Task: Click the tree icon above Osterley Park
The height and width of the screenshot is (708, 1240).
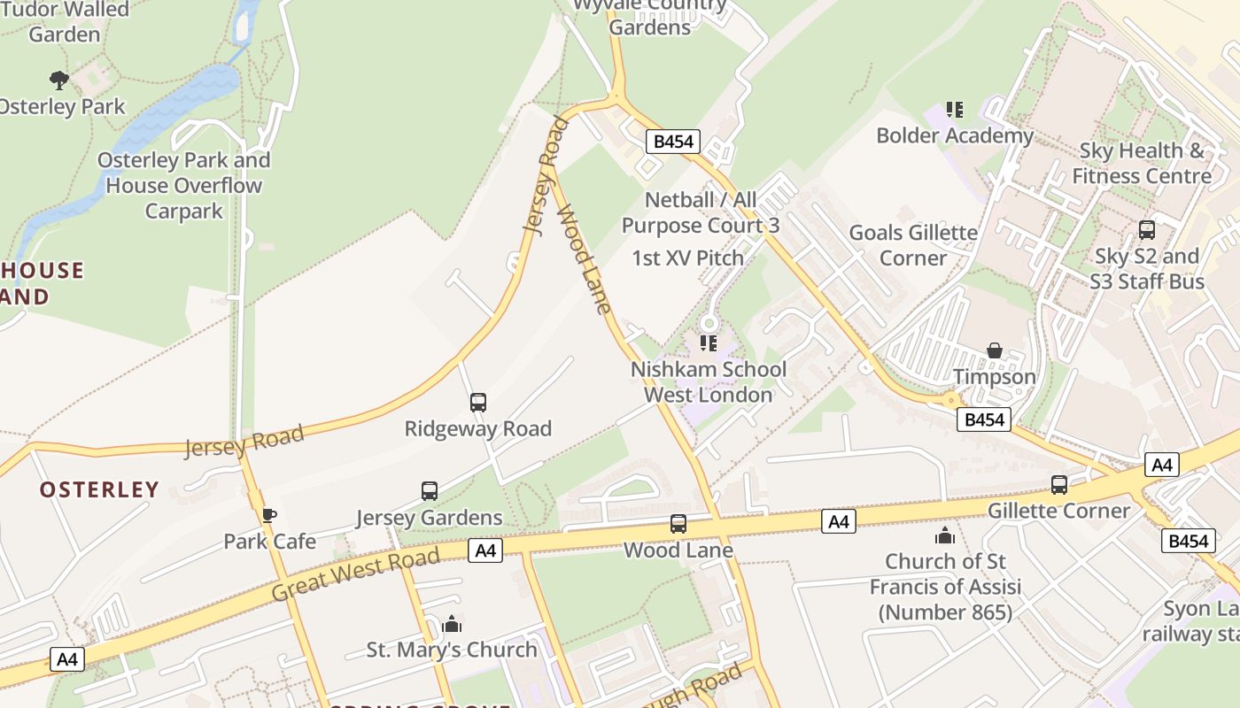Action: coord(59,81)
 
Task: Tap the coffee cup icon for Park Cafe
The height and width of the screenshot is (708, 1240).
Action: coord(269,515)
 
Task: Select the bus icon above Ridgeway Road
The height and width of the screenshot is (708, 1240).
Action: coord(478,403)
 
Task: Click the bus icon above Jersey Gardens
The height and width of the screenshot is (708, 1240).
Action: coord(430,490)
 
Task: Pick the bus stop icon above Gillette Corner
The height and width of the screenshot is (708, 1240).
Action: coord(1059,484)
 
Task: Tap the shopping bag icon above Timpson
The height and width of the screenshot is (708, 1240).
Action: coord(995,350)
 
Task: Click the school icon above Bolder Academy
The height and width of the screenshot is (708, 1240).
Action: coord(954,110)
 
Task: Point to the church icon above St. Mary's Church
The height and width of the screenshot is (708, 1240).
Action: coord(452,624)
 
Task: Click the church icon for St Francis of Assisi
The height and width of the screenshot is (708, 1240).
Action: coord(945,535)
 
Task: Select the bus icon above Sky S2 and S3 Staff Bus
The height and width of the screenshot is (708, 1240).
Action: coord(1147,230)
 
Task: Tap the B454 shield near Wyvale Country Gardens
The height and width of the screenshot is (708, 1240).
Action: coord(673,142)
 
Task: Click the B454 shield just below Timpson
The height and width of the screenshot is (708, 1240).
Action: coord(983,419)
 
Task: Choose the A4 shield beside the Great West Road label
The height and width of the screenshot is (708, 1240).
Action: coord(484,550)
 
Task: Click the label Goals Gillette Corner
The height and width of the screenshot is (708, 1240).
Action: coord(913,245)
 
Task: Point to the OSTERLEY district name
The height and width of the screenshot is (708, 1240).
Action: coord(99,489)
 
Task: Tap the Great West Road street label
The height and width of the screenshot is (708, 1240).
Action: coord(356,574)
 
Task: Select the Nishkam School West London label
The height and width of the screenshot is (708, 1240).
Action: coord(709,381)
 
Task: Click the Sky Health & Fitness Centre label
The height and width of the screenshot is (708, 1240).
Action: coord(1142,163)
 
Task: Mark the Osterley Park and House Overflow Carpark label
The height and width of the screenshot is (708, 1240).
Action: coord(184,186)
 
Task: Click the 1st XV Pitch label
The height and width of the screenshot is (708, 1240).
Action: coord(687,258)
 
